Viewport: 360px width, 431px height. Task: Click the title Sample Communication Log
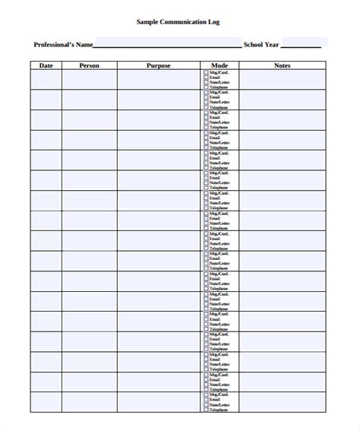(x=180, y=22)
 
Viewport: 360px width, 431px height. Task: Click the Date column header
(x=46, y=65)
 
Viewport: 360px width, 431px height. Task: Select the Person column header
(x=90, y=65)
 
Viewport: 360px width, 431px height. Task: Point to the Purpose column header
(x=159, y=65)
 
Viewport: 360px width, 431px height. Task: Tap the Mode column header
(x=219, y=65)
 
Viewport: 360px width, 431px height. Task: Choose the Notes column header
(x=283, y=65)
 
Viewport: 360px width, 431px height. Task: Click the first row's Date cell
(x=46, y=80)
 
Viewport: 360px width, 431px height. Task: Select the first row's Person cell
(x=90, y=80)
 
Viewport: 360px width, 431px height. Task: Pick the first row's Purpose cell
(x=159, y=80)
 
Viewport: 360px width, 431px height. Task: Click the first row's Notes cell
(x=283, y=80)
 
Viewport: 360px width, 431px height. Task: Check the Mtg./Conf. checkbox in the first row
(x=205, y=72)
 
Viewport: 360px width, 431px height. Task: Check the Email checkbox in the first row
(x=205, y=78)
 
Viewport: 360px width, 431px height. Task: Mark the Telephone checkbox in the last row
(x=205, y=410)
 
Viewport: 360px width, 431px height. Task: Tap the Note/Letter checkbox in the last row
(x=205, y=405)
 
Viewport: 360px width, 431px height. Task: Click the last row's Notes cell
(x=283, y=402)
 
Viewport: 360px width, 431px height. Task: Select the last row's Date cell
(x=46, y=402)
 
